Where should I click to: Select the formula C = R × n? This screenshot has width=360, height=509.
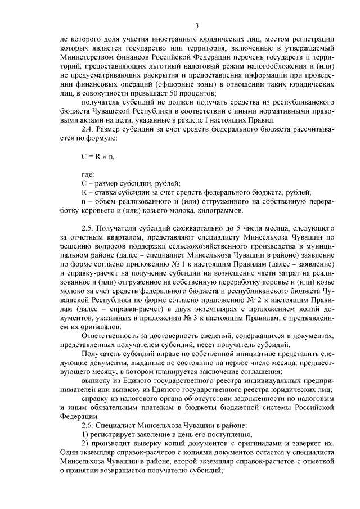98,157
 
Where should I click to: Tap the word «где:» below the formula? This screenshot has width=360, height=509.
89,176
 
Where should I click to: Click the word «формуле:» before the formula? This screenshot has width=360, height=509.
101,138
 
